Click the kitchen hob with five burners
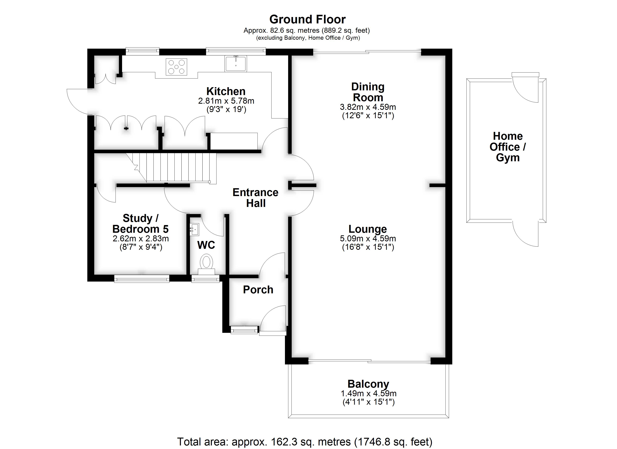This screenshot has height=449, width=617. tap(176, 67)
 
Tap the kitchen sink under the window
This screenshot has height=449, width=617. tap(236, 63)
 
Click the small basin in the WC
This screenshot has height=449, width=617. tap(194, 229)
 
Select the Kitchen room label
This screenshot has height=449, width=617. tap(226, 91)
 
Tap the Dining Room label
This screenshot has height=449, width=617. tap(368, 92)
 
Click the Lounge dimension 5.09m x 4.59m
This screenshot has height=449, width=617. tap(368, 239)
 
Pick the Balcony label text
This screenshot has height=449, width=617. tap(368, 384)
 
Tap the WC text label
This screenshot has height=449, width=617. tap(206, 245)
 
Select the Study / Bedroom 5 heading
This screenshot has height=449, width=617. tap(140, 224)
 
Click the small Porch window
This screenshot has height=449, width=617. tap(244, 330)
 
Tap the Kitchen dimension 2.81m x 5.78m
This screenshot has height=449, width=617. tap(226, 101)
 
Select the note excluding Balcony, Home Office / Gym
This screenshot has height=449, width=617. tap(308, 38)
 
